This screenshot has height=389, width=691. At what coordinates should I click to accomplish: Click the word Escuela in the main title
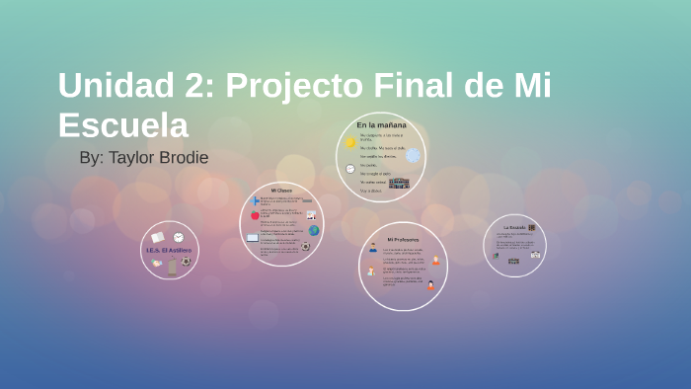pyautogui.click(x=122, y=125)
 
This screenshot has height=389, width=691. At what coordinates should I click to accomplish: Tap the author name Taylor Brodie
pyautogui.click(x=159, y=158)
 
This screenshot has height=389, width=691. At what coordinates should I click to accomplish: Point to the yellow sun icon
pyautogui.click(x=349, y=143)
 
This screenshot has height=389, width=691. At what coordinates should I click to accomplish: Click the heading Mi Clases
pyautogui.click(x=281, y=190)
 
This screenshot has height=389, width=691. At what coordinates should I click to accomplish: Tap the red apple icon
pyautogui.click(x=255, y=214)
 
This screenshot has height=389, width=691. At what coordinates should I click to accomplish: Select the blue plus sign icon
pyautogui.click(x=255, y=200)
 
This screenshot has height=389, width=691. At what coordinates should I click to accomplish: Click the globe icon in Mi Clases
pyautogui.click(x=314, y=230)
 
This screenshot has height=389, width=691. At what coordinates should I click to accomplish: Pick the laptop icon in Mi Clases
pyautogui.click(x=253, y=238)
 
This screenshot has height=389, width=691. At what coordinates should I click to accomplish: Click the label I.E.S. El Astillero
pyautogui.click(x=169, y=251)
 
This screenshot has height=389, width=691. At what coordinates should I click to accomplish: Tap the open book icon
pyautogui.click(x=158, y=237)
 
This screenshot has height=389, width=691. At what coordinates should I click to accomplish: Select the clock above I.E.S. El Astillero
pyautogui.click(x=179, y=237)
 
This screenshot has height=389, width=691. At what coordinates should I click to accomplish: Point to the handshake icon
pyautogui.click(x=157, y=263)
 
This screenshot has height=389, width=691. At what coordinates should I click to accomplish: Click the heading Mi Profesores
pyautogui.click(x=403, y=240)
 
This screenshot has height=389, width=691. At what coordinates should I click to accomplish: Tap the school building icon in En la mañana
pyautogui.click(x=399, y=184)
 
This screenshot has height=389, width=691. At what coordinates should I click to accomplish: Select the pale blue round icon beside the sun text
pyautogui.click(x=413, y=155)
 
